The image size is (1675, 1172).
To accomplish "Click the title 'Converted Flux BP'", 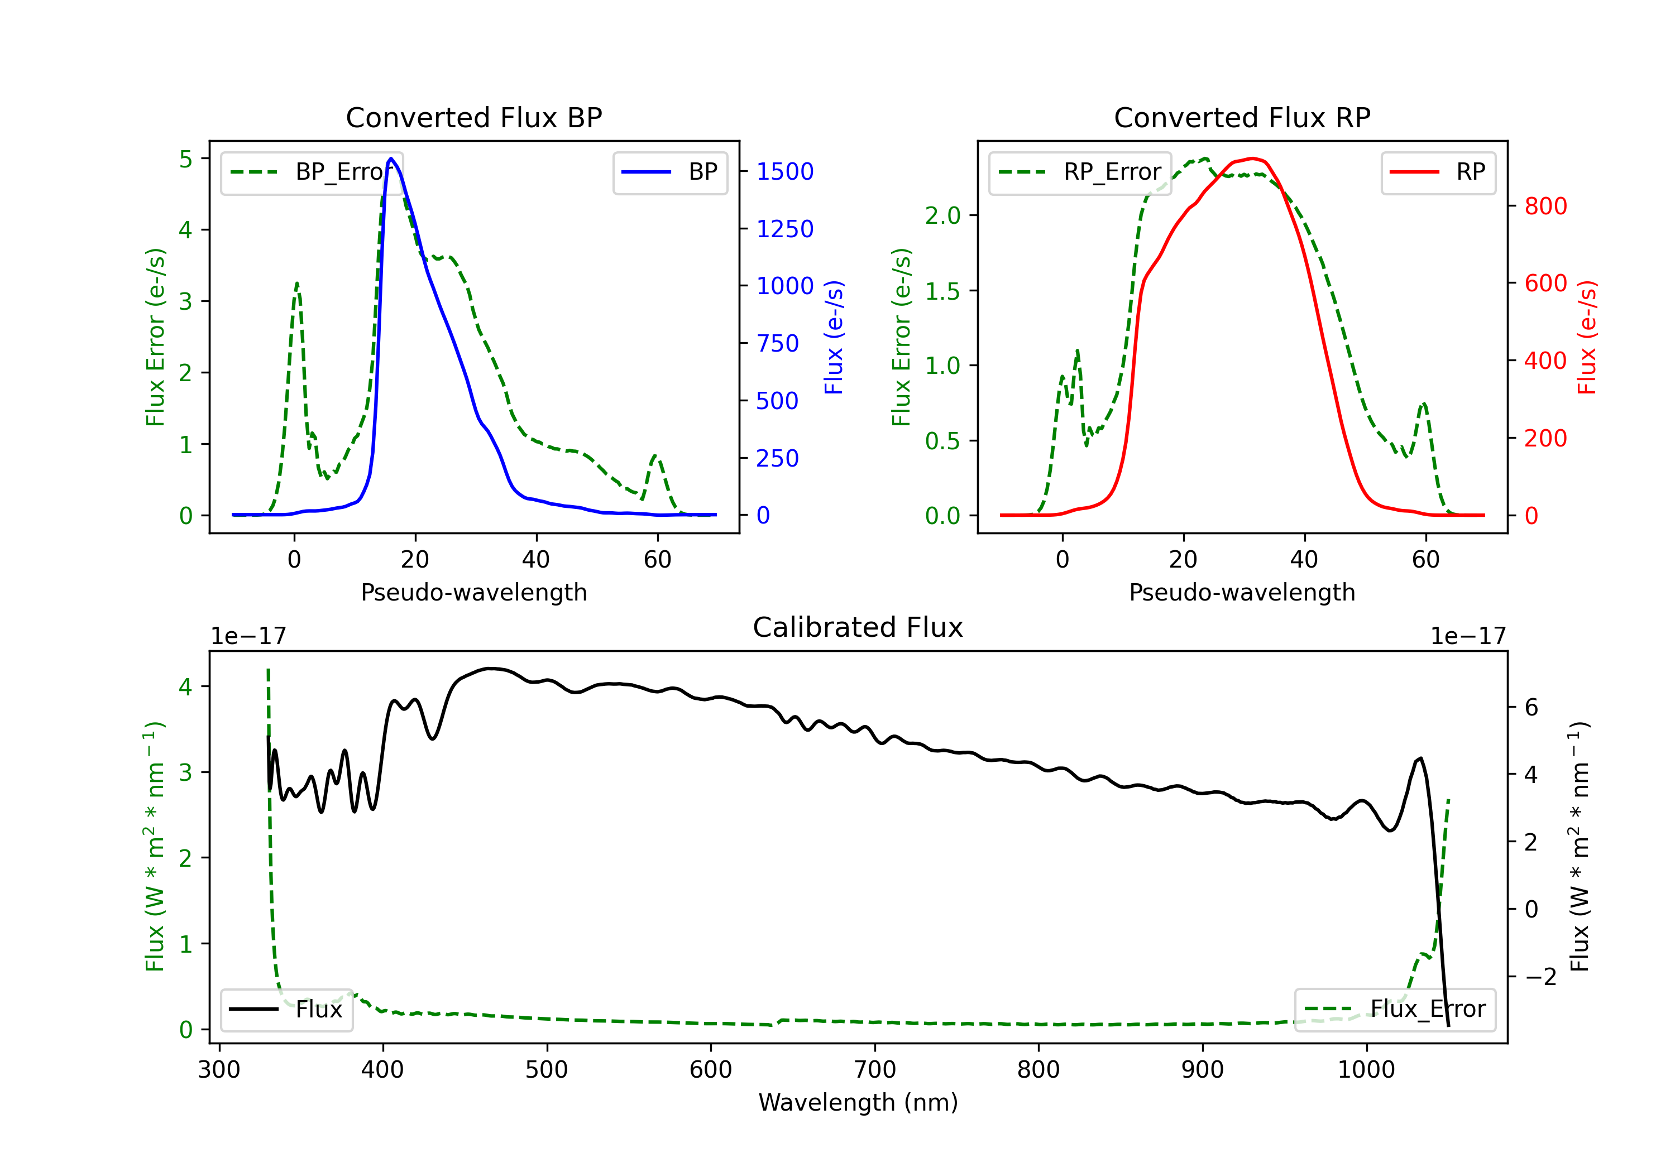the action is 473,117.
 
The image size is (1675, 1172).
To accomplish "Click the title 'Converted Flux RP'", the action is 1242,117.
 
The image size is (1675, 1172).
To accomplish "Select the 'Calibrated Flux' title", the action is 858,627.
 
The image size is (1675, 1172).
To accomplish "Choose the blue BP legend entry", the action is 669,172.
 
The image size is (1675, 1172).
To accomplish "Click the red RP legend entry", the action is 1438,172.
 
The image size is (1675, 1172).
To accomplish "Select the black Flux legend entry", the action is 286,1010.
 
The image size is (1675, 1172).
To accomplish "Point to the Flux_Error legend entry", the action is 1395,1010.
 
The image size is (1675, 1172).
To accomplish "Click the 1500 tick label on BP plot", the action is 785,171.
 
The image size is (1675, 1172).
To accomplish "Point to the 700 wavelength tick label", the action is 875,1070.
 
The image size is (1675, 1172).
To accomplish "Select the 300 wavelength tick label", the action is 219,1070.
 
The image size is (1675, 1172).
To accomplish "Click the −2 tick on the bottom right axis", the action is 1540,977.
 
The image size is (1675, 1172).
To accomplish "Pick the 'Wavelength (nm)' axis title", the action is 858,1102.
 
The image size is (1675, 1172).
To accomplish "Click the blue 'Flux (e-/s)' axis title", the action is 833,337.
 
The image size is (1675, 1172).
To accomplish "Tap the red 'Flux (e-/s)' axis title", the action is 1587,337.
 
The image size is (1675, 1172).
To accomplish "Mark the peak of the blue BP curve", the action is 391,158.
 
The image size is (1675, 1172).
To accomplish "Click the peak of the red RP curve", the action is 1252,158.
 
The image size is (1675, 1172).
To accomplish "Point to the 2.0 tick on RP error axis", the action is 942,215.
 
